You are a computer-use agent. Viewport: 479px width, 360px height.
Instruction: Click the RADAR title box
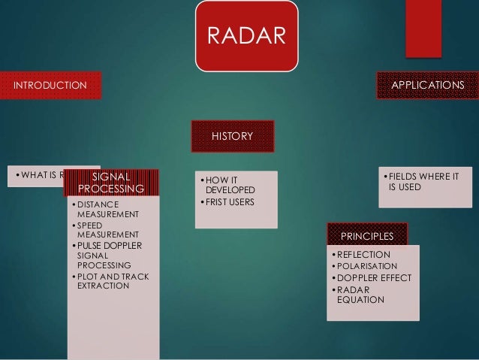[247, 36]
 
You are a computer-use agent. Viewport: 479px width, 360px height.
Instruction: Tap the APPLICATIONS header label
[427, 86]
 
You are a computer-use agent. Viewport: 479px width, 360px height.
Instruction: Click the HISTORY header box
[232, 136]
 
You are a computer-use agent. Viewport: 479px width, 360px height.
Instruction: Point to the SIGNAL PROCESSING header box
[112, 183]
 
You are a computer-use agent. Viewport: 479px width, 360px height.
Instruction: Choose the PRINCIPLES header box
[366, 236]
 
